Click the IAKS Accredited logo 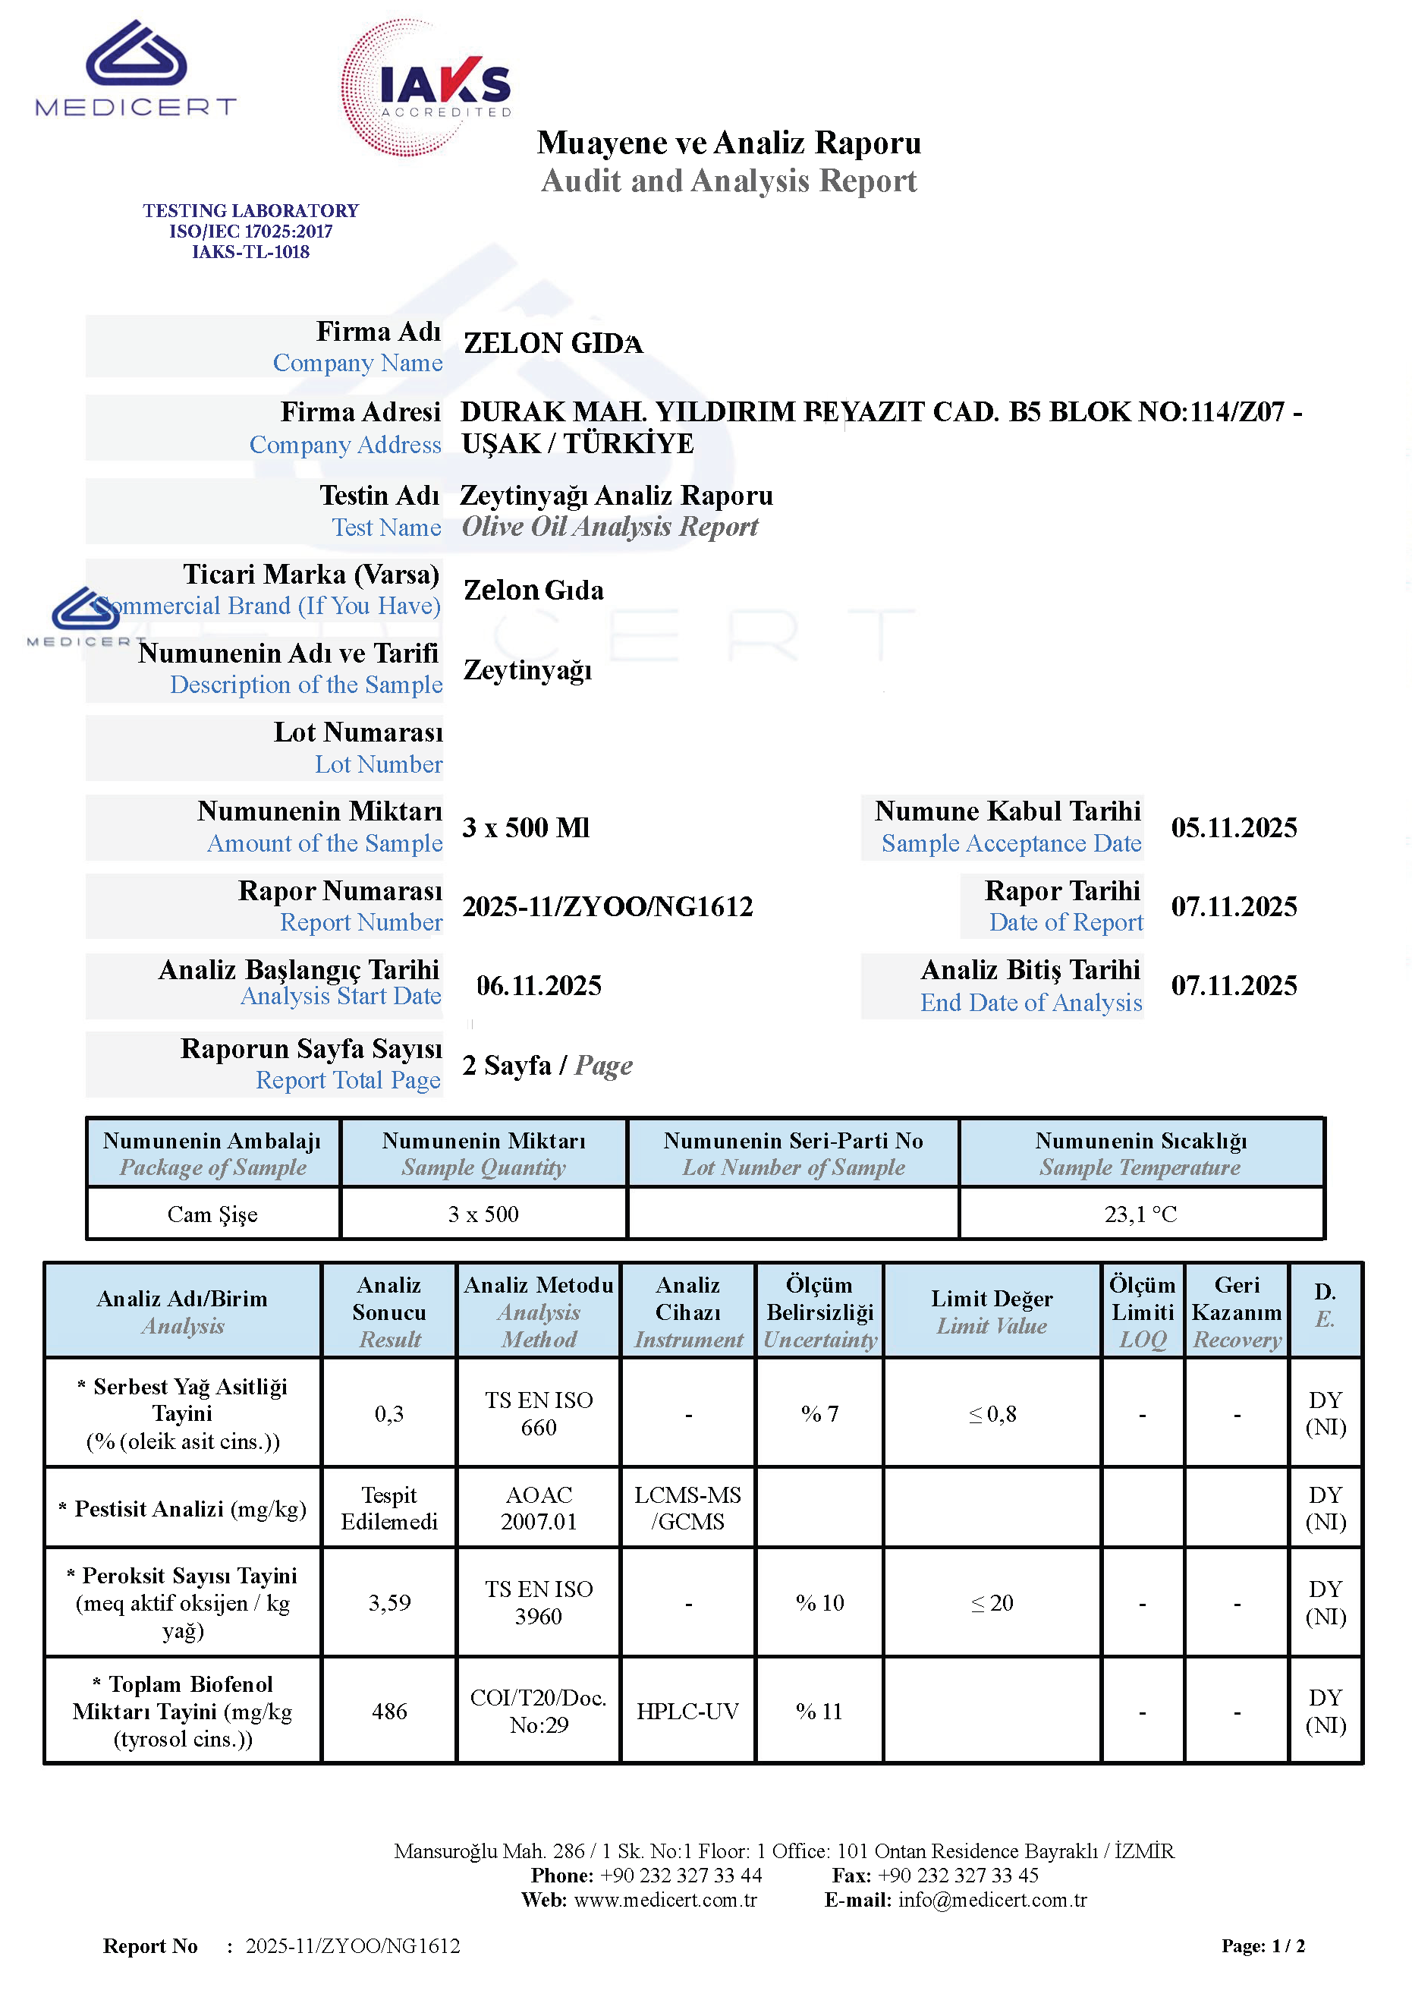(426, 87)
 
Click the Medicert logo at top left (136, 69)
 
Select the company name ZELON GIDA (553, 344)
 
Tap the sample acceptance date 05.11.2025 (1233, 827)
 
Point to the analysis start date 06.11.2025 (538, 985)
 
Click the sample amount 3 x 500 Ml (525, 827)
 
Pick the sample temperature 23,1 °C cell (1140, 1214)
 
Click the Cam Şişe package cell (212, 1214)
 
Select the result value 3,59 (388, 1602)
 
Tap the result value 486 (388, 1711)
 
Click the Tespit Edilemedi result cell (388, 1507)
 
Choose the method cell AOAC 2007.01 (538, 1507)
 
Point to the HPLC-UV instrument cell (687, 1711)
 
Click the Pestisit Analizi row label (183, 1508)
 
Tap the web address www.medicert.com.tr (665, 1900)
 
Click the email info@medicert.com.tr (992, 1900)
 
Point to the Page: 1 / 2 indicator (1263, 1945)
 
